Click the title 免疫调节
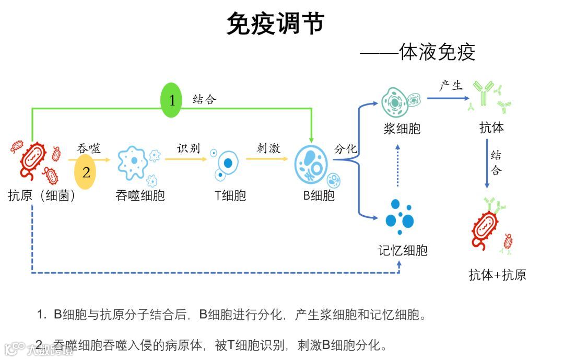[x=275, y=24]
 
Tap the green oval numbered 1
[x=172, y=100]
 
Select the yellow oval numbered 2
[x=86, y=172]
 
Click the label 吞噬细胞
[x=140, y=196]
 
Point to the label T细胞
[x=230, y=196]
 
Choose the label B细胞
[x=319, y=196]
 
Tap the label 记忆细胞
[x=403, y=250]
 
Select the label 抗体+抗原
[x=497, y=275]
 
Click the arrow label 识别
[x=188, y=148]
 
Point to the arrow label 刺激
[x=268, y=148]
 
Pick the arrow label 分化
[x=346, y=149]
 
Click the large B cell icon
[x=312, y=164]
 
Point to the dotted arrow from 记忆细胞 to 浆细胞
[x=398, y=166]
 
